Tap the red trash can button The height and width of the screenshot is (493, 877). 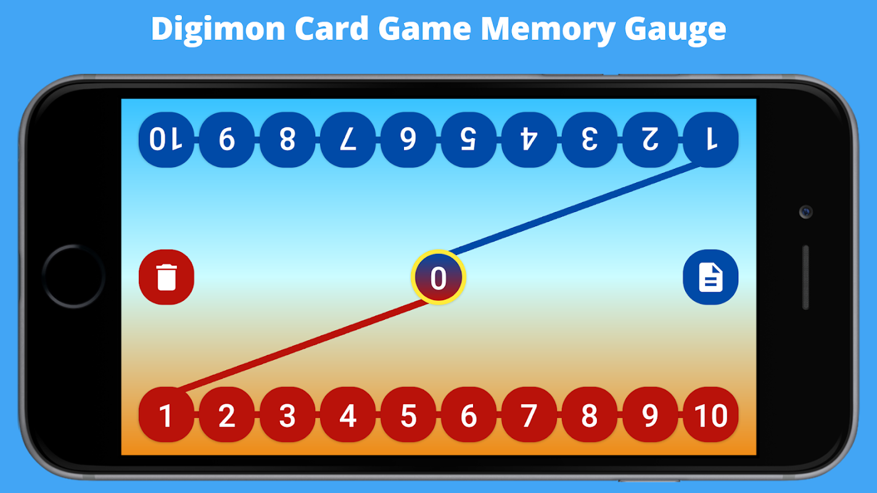pyautogui.click(x=167, y=277)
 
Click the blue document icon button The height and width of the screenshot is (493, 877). pyautogui.click(x=710, y=277)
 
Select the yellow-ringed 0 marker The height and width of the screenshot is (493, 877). pyautogui.click(x=438, y=278)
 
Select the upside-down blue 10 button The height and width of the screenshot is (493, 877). pyautogui.click(x=166, y=140)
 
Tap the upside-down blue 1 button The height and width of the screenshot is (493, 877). pyautogui.click(x=711, y=140)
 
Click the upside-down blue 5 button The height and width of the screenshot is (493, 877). pyautogui.click(x=469, y=140)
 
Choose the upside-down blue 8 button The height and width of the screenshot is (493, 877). pyautogui.click(x=287, y=140)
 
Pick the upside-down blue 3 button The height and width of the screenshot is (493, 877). pyautogui.click(x=590, y=140)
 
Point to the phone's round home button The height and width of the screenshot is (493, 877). pyautogui.click(x=73, y=277)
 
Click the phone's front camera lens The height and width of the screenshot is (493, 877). pyautogui.click(x=805, y=212)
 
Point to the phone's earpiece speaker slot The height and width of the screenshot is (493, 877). pyautogui.click(x=805, y=277)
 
